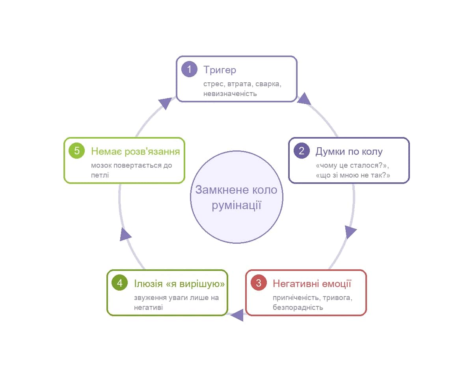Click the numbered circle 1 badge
[x=189, y=69]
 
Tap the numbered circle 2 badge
[x=302, y=151]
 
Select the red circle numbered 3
[x=259, y=283]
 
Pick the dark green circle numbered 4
[x=119, y=283]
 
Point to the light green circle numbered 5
[x=77, y=151]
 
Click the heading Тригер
[x=220, y=70]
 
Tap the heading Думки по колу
[x=349, y=152]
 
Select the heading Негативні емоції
[x=312, y=283]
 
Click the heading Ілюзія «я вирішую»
[x=179, y=284]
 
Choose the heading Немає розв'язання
[x=135, y=152]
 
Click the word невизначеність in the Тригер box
[x=230, y=94]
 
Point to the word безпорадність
[x=298, y=308]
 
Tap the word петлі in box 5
[x=100, y=175]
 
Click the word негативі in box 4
[x=148, y=308]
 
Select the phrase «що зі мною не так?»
[x=353, y=175]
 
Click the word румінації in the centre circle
[x=236, y=206]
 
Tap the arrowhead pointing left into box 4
[x=237, y=315]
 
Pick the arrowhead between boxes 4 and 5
[x=125, y=235]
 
